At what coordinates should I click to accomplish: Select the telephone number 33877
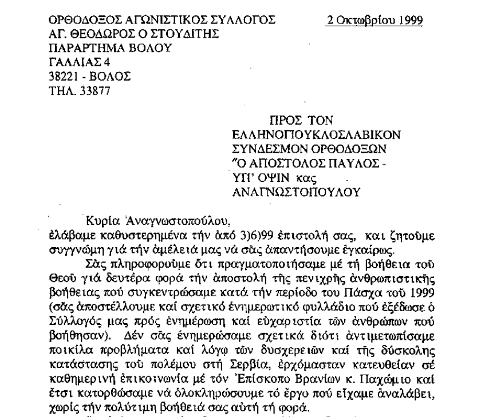[x=88, y=89]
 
